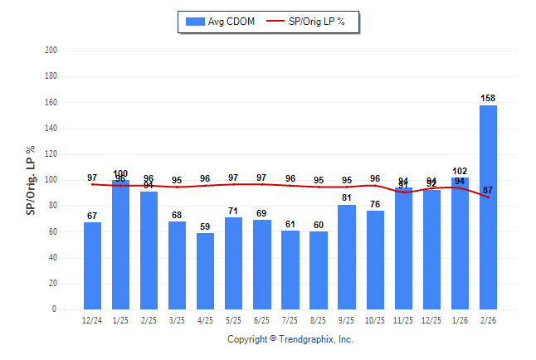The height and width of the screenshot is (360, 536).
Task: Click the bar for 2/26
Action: pos(488,207)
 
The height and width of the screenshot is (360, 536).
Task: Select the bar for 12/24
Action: pos(92,265)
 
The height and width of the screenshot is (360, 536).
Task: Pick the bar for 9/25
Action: pos(346,256)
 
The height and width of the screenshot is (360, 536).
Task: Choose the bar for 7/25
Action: pos(290,270)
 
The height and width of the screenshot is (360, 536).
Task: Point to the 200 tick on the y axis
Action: pos(51,50)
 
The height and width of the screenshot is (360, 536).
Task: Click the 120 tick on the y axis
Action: pos(51,153)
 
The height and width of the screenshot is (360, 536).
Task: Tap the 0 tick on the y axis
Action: pos(54,309)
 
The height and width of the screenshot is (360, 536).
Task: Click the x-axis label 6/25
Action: pos(261,320)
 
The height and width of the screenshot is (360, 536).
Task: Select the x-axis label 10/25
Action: pos(375,320)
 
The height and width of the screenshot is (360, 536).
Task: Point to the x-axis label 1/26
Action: pos(460,320)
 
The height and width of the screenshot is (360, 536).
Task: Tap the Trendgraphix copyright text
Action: pos(290,339)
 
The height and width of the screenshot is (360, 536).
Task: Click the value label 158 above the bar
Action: pos(488,99)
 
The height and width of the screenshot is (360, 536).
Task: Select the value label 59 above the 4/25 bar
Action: pos(205,226)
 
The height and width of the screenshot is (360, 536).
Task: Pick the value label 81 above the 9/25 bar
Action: pos(346,198)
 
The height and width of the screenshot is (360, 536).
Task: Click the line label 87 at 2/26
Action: pos(488,190)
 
